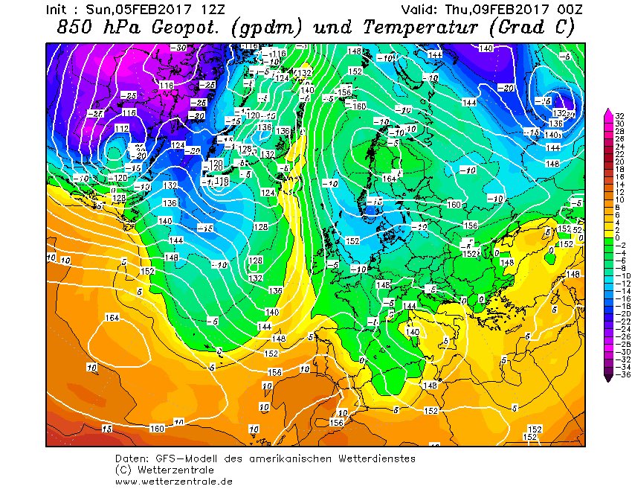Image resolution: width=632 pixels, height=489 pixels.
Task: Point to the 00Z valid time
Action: pyautogui.click(x=569, y=10)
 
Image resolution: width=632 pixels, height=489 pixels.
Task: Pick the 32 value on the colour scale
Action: pyautogui.click(x=619, y=115)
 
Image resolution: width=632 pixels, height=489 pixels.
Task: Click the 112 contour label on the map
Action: pyautogui.click(x=123, y=129)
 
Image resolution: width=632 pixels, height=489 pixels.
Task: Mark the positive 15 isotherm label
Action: pyautogui.click(x=107, y=429)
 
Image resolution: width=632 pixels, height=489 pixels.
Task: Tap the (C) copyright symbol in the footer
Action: pyautogui.click(x=123, y=470)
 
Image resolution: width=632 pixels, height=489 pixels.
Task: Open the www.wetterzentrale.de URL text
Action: pyautogui.click(x=174, y=481)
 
